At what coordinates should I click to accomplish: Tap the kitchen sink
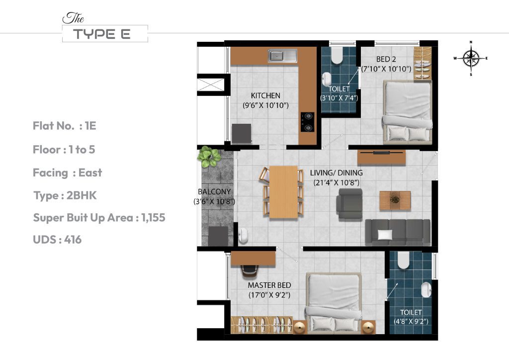click(282, 56)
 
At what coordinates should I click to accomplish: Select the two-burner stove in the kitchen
click(308, 122)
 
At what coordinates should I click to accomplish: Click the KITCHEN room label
click(265, 95)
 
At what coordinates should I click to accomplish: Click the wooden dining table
click(283, 191)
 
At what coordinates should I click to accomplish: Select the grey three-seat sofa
click(397, 232)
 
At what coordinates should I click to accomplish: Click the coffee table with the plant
click(395, 200)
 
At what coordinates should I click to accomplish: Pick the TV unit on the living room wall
click(381, 157)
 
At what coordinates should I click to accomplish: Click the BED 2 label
click(386, 59)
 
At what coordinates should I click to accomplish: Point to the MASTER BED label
click(269, 285)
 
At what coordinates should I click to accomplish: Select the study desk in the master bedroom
click(253, 259)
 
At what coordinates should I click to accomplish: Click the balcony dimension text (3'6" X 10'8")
click(214, 201)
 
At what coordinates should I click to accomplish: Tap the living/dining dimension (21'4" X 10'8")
click(336, 182)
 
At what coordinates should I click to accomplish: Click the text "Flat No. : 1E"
click(65, 126)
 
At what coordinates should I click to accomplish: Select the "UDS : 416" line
click(57, 240)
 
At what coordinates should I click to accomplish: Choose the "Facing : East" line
click(67, 173)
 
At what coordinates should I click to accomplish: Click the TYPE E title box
click(105, 34)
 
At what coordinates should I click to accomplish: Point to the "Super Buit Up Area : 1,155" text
click(99, 218)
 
